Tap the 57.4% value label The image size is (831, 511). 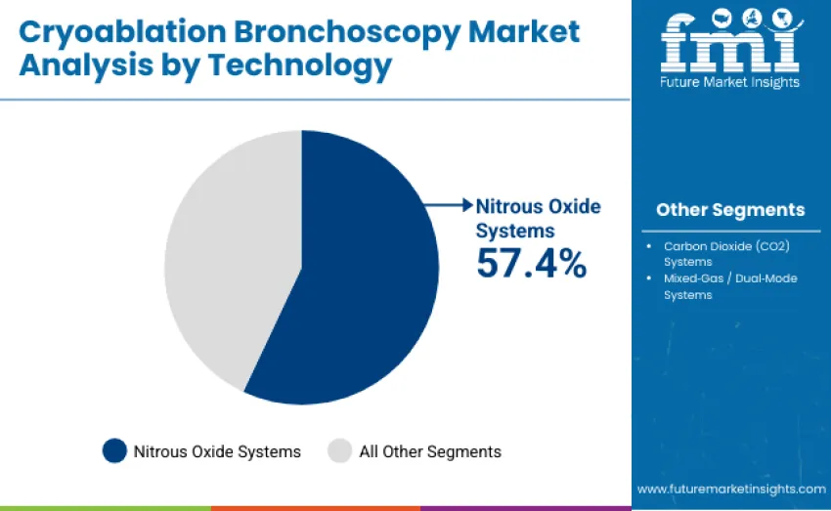point(531,263)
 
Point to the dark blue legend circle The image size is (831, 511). point(114,450)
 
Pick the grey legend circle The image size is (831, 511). point(339,450)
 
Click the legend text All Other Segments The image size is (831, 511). point(430,451)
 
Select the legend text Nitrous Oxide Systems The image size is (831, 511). point(217,451)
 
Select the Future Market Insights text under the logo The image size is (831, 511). point(730,82)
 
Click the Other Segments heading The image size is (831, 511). point(730,209)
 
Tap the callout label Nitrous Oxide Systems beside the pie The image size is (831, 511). point(538,218)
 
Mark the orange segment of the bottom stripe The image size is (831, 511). point(315,508)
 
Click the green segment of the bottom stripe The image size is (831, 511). point(105,508)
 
